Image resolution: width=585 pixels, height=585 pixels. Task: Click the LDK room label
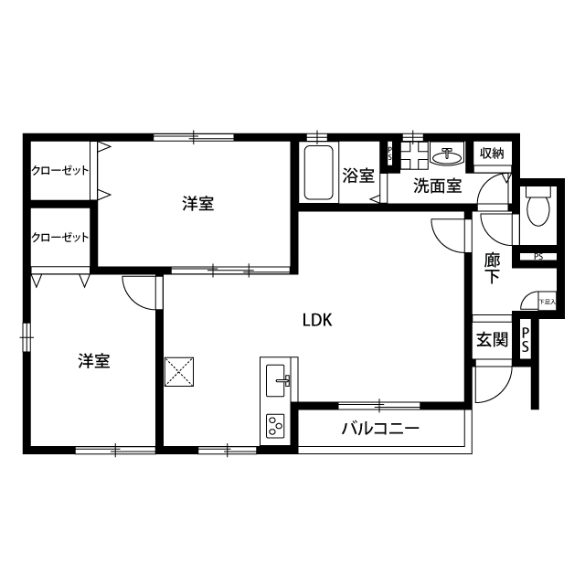[x=317, y=320]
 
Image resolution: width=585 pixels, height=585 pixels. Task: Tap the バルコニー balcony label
[x=380, y=429]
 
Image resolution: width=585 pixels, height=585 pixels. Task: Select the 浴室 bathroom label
[x=357, y=175]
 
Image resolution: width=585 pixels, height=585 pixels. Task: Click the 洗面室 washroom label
[x=436, y=186]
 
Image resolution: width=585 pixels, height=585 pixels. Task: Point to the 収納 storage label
[x=492, y=153]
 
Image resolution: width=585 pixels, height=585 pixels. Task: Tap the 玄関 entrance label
[x=492, y=340]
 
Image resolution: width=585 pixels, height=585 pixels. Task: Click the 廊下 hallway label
[x=492, y=266]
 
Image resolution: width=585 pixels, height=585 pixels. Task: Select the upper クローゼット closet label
[x=59, y=170]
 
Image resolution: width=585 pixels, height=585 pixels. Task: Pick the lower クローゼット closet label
[x=59, y=237]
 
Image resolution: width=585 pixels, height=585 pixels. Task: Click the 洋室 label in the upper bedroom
[x=197, y=204]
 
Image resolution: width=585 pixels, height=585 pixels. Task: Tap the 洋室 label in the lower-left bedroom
[x=93, y=361]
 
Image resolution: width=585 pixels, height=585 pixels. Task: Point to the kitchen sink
[x=277, y=378]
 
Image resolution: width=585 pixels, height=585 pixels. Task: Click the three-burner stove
[x=275, y=425]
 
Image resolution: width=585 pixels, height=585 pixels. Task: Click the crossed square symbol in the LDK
[x=178, y=371]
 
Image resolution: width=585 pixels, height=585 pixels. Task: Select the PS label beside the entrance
[x=525, y=341]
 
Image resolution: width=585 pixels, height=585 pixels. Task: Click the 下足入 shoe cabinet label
[x=547, y=301]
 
